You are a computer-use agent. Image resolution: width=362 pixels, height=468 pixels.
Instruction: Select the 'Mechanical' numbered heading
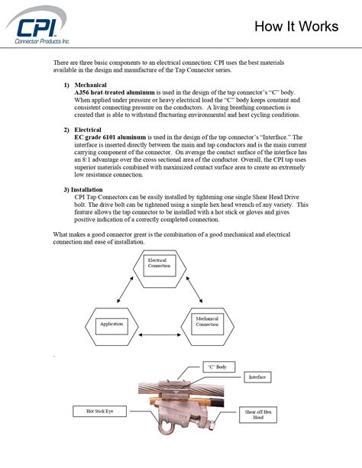tap(90, 84)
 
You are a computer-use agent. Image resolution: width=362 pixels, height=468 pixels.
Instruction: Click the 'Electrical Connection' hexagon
tap(159, 264)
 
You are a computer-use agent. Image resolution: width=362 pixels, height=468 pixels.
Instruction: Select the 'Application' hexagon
tap(112, 324)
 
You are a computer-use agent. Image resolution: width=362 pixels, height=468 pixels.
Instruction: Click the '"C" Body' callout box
tap(217, 367)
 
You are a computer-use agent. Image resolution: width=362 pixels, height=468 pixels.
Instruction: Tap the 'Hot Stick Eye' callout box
tap(95, 412)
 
